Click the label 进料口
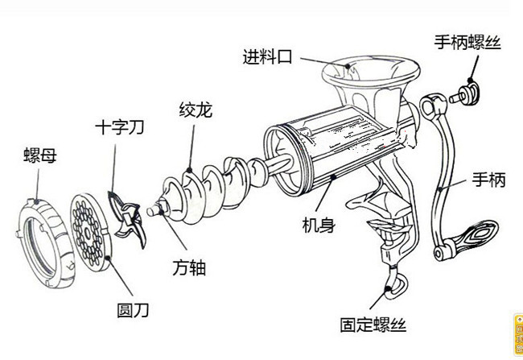pyautogui.click(x=266, y=57)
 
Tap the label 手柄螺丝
pyautogui.click(x=467, y=41)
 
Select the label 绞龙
pyautogui.click(x=195, y=110)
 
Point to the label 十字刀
pyautogui.click(x=121, y=129)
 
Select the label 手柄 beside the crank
pyautogui.click(x=488, y=182)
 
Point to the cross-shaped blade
pyautogui.click(x=123, y=214)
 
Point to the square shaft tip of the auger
pyautogui.click(x=153, y=211)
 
